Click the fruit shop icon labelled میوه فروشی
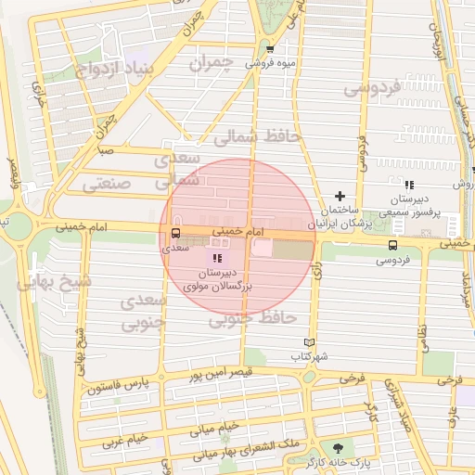(270, 50)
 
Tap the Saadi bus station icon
(174, 233)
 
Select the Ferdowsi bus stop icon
(392, 245)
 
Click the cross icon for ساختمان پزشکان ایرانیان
(340, 196)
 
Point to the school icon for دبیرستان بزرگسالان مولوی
(217, 258)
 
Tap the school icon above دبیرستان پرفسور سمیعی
(409, 186)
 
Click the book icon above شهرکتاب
(309, 341)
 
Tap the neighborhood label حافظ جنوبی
(251, 319)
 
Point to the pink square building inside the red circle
(263, 248)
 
